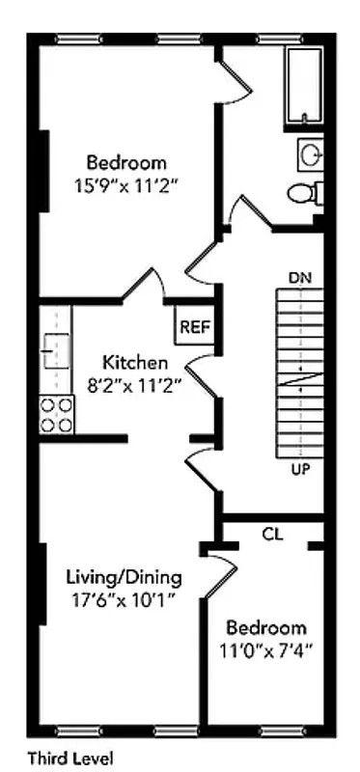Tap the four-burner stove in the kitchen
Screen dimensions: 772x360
pyautogui.click(x=55, y=414)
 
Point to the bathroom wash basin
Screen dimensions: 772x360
pyautogui.click(x=310, y=152)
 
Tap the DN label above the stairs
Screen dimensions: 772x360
pyautogui.click(x=299, y=278)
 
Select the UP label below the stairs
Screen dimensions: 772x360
pyautogui.click(x=300, y=470)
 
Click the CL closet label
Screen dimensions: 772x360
pyautogui.click(x=272, y=534)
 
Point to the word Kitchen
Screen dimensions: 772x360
pyautogui.click(x=135, y=364)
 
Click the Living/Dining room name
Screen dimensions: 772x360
pyautogui.click(x=124, y=578)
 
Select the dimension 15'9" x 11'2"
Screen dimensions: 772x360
pyautogui.click(x=125, y=183)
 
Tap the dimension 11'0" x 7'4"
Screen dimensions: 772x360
pyautogui.click(x=266, y=649)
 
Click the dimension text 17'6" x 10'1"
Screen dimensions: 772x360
pyautogui.click(x=124, y=599)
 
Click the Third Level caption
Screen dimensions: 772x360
pyautogui.click(x=69, y=758)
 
